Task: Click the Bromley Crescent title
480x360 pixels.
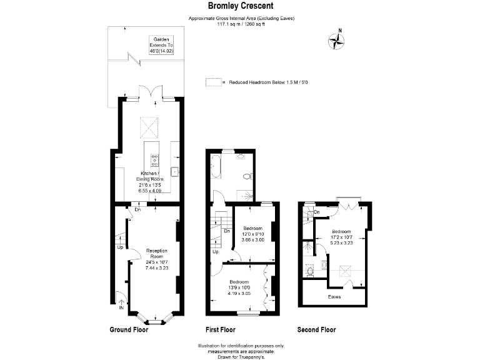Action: coord(241,6)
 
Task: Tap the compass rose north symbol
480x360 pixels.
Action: coord(336,41)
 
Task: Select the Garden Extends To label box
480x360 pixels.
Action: coord(161,45)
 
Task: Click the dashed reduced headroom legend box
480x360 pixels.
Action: coord(213,82)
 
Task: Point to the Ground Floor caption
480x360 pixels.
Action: coord(129,330)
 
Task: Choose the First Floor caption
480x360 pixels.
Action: coord(221,330)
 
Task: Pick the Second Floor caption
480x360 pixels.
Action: coord(316,330)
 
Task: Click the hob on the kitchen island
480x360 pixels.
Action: coord(154,160)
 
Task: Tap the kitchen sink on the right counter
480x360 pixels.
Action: coord(175,172)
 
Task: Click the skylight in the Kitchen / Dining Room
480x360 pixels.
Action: coord(149,127)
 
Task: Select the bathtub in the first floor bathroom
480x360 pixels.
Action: coord(216,166)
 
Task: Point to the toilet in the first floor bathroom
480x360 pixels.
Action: coord(247,176)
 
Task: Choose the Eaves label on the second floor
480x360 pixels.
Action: coord(334,297)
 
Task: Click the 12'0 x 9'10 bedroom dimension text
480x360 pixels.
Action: coord(253,234)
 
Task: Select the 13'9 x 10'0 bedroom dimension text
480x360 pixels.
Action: coord(239,287)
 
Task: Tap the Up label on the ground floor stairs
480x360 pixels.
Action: coord(120,247)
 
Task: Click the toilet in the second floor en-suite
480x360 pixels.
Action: coord(310,271)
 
